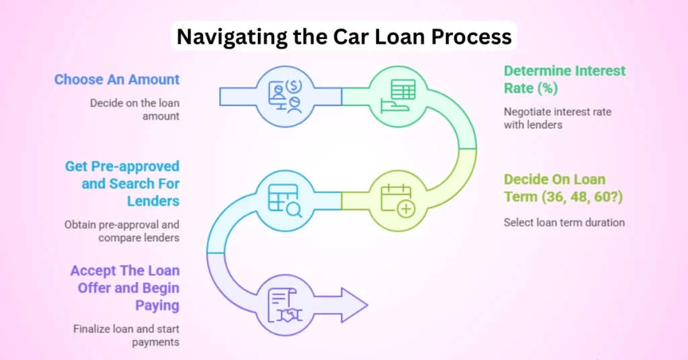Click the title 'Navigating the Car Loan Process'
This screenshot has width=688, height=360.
coord(344,36)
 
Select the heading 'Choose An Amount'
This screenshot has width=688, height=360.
coord(117,79)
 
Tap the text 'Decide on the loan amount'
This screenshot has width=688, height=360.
coord(135,109)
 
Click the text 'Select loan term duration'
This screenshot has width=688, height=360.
coord(564,222)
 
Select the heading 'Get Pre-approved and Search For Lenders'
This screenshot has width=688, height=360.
coord(123,183)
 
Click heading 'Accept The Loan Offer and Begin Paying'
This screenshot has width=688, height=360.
coord(125,288)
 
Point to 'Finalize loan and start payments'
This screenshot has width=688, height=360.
coord(126,335)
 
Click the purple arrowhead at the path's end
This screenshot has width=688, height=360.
coord(352,306)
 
